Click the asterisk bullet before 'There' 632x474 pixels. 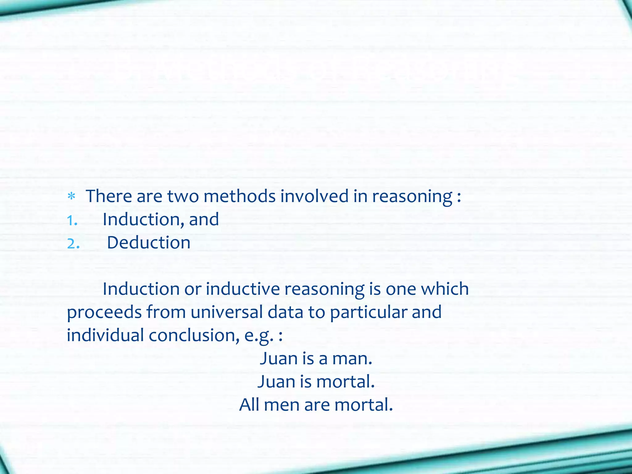(72, 196)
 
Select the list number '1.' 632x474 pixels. (72, 220)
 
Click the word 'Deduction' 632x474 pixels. (148, 243)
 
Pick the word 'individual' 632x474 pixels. (105, 335)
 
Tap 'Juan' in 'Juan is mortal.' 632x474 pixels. (276, 382)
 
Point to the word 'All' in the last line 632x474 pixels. (249, 405)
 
